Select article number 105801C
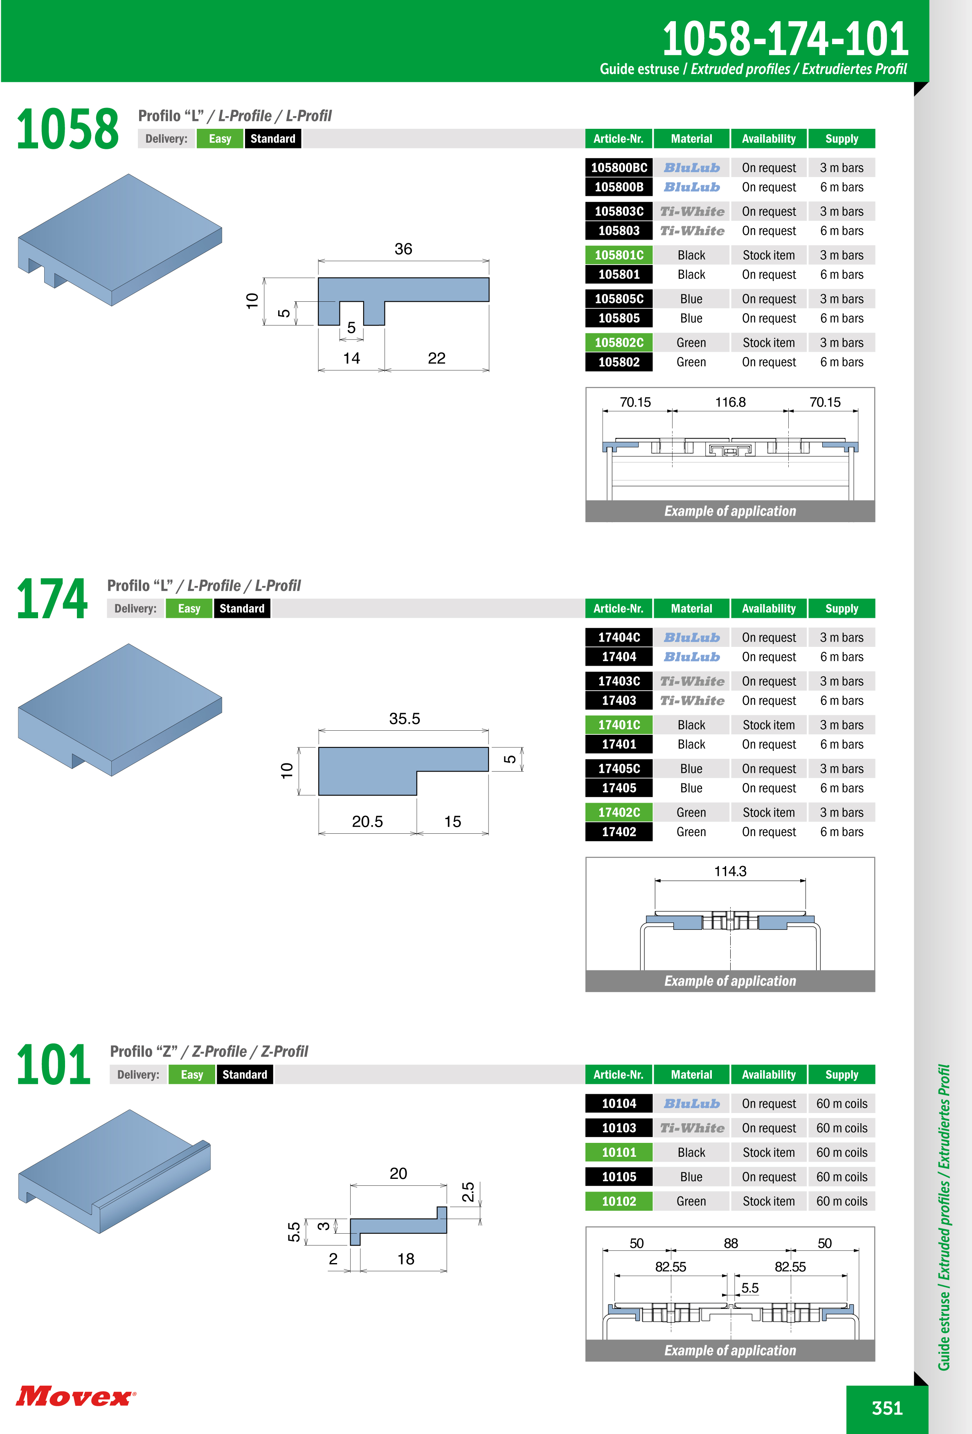point(619,255)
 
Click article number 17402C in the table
point(619,812)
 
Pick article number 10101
point(619,1152)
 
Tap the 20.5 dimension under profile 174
point(367,821)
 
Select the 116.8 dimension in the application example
point(730,402)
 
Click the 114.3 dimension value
point(730,871)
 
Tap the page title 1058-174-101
point(785,38)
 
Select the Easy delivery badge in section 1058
point(220,139)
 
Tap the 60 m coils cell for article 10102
point(842,1201)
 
